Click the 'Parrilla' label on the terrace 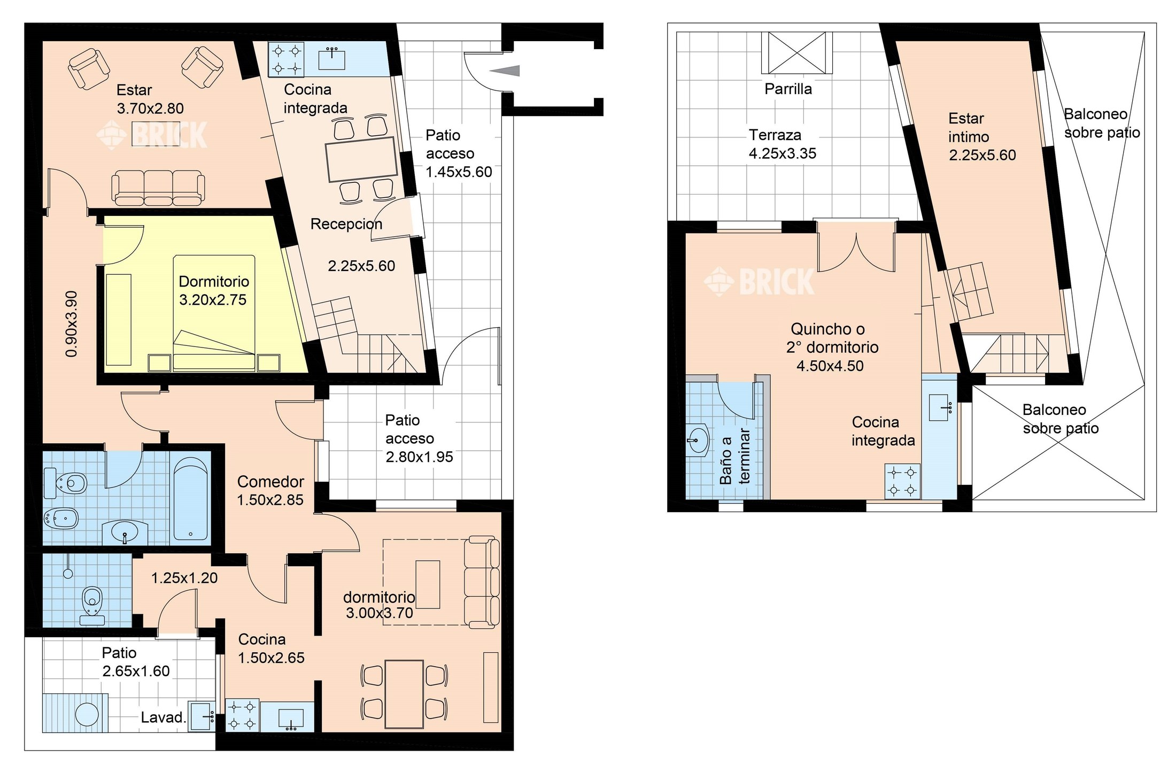coord(788,89)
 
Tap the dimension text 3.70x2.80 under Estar coord(150,109)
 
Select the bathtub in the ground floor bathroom coord(190,498)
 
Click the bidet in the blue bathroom coord(62,518)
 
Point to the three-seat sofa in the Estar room coord(158,188)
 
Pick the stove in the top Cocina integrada coord(286,60)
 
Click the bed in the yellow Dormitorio coord(214,313)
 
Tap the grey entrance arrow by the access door coord(505,70)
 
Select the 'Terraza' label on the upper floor coord(775,135)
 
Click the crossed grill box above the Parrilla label coord(797,52)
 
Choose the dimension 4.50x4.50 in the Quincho coord(830,366)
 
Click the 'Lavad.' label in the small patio coord(163,717)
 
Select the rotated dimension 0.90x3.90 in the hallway coord(72,324)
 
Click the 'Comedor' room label coord(270,482)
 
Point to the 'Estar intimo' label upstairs coord(968,128)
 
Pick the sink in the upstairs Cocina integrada coord(940,408)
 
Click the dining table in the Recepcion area coord(362,159)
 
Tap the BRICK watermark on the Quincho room coord(759,281)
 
